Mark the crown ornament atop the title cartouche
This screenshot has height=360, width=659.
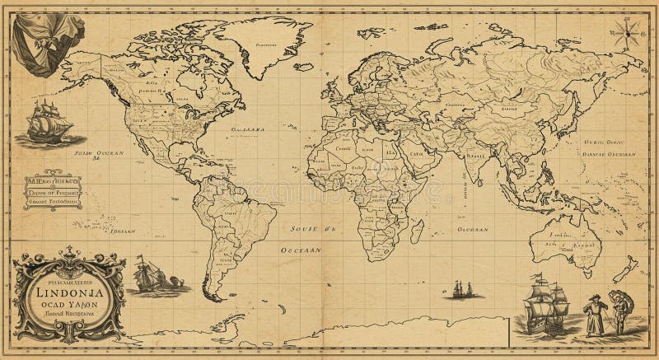coord(69,260)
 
